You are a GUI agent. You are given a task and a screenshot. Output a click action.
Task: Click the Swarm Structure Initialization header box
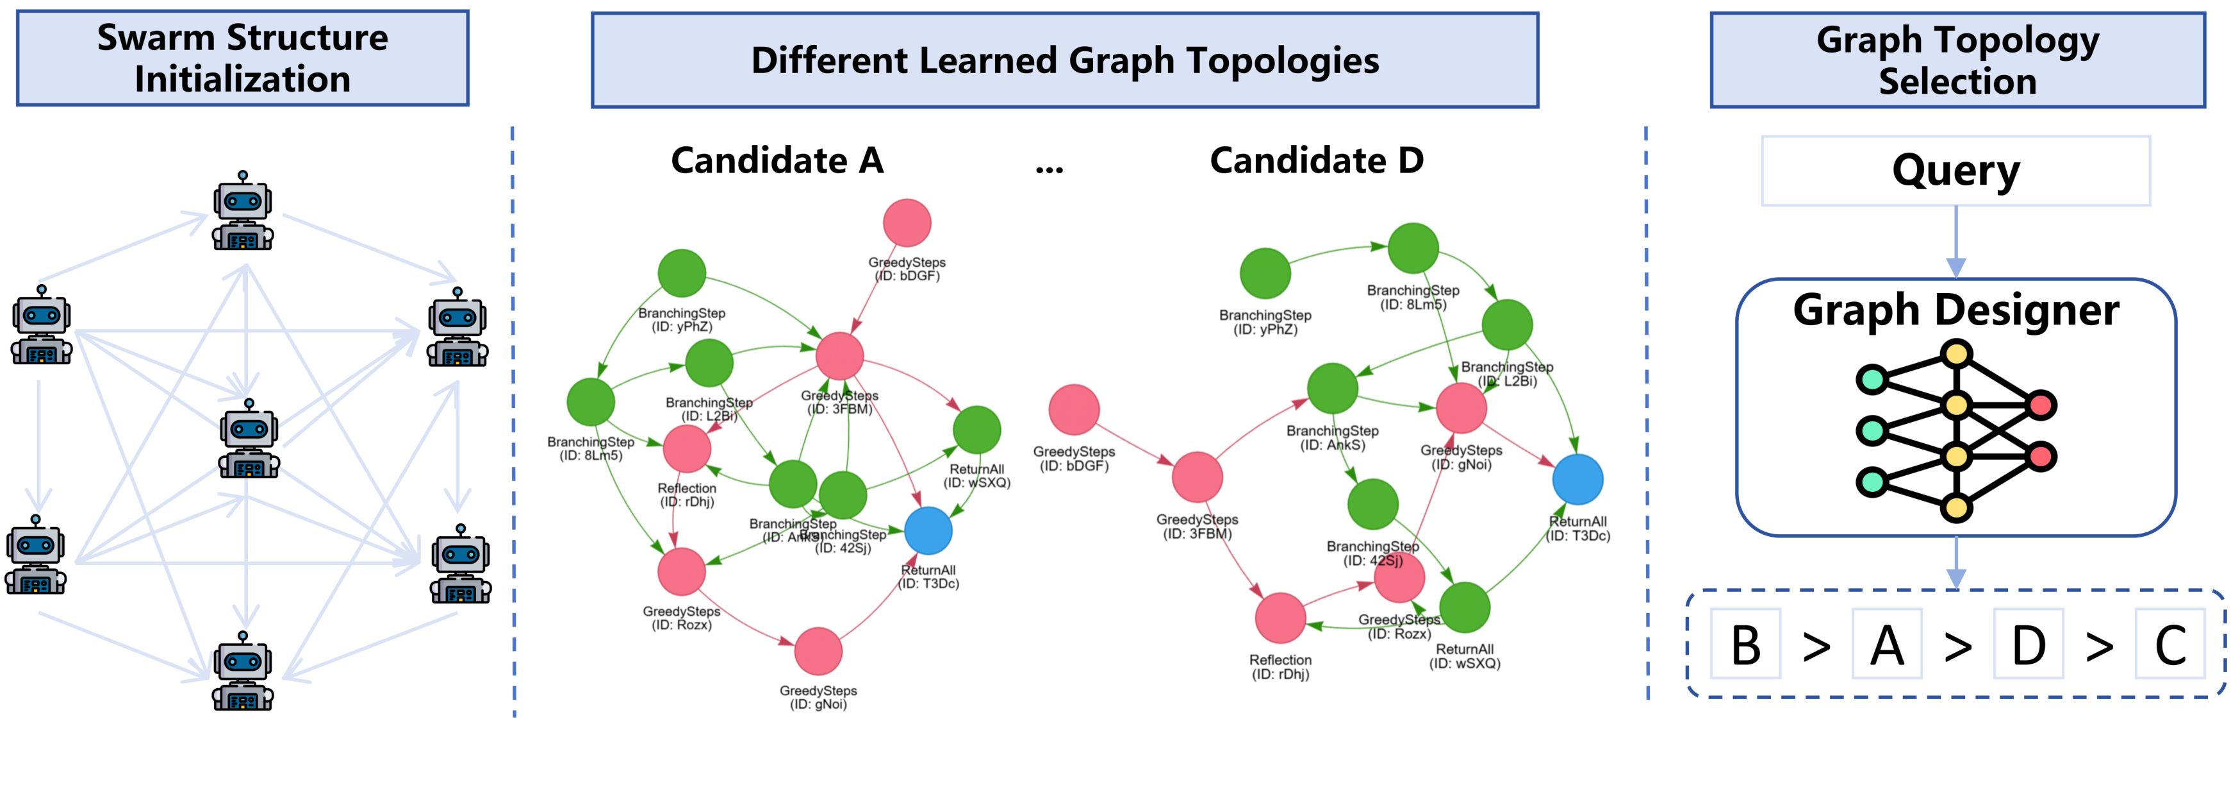tap(242, 58)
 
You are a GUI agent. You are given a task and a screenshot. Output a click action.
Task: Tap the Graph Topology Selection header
tap(1957, 60)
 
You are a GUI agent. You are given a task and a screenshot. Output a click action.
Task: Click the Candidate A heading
tap(777, 160)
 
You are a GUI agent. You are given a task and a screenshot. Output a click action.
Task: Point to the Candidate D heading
tap(1317, 160)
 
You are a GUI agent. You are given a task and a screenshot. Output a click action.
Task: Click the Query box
tap(1955, 171)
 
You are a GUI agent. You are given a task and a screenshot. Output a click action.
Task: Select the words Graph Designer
tap(1955, 309)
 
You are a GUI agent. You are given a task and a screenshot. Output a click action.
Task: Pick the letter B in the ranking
tap(1745, 645)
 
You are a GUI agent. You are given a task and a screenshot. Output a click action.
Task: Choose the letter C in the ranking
tap(2169, 645)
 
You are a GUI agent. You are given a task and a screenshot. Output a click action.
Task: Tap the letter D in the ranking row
tap(2029, 645)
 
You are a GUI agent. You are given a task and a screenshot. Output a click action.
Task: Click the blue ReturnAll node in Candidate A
tap(928, 530)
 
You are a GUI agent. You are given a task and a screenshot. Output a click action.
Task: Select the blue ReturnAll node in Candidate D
tap(1577, 479)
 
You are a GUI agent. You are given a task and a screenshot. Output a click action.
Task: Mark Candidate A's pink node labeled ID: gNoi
tap(818, 651)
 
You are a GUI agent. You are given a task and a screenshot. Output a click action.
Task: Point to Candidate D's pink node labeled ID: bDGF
tap(1074, 409)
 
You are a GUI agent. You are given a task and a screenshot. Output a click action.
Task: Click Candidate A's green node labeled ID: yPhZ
tap(682, 273)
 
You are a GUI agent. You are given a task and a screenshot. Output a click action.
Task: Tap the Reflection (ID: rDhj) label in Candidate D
tap(1280, 666)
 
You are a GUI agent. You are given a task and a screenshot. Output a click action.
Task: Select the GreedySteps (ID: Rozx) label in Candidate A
tap(682, 618)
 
